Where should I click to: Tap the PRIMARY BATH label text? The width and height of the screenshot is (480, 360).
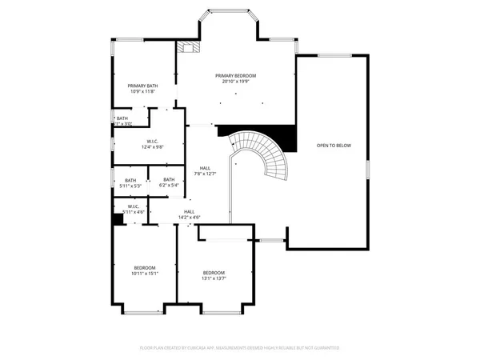[142, 85]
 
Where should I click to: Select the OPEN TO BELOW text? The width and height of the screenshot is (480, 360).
[334, 146]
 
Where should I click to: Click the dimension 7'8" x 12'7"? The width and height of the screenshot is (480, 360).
[205, 174]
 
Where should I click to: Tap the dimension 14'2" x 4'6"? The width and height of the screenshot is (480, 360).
[189, 217]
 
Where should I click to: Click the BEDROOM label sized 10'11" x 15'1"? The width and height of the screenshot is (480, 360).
[145, 267]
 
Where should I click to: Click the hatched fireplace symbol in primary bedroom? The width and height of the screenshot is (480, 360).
[189, 47]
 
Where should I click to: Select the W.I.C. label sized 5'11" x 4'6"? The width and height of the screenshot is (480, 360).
[133, 206]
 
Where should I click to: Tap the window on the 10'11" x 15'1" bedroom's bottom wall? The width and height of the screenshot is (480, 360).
[144, 310]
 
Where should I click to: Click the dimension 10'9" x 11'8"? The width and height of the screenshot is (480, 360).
[142, 91]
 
